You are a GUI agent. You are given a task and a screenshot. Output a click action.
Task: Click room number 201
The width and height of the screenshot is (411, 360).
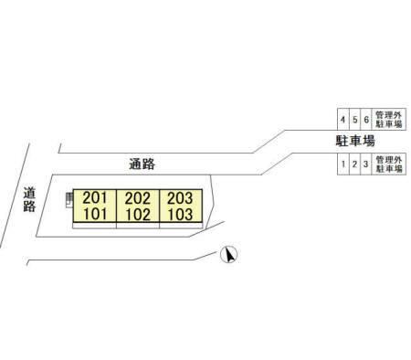(95, 198)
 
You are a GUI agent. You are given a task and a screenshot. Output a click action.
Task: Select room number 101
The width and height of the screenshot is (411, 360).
(95, 214)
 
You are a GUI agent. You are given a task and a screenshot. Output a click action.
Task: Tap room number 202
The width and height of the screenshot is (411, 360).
(138, 198)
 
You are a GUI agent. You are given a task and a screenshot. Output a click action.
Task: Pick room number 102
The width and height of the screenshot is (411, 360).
(138, 214)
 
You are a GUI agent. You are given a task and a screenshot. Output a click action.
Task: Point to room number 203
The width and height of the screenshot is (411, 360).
(180, 198)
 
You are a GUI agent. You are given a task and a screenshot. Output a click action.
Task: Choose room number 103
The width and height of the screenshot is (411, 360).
(181, 214)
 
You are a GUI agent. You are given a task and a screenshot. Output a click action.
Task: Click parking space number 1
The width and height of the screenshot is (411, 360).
(343, 164)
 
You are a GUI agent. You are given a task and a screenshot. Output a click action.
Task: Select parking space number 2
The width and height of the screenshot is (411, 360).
(354, 164)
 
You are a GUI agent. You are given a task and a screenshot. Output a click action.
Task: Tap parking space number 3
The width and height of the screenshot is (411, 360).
(365, 164)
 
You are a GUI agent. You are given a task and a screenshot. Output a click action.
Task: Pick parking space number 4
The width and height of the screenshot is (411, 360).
(343, 120)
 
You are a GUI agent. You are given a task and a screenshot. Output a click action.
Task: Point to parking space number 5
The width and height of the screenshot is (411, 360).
(355, 120)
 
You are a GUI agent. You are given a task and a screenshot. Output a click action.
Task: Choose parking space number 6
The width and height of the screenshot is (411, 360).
(366, 120)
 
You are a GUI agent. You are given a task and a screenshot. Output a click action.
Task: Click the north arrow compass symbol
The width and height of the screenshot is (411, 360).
(229, 254)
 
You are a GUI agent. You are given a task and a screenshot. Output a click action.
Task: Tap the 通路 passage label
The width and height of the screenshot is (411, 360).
(142, 164)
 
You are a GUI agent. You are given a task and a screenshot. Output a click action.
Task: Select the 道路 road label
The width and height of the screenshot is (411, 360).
(29, 199)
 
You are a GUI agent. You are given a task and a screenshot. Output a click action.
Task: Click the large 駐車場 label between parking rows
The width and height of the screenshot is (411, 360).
(355, 142)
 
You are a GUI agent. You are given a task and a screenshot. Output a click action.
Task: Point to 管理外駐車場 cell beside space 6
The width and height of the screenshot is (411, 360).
(389, 120)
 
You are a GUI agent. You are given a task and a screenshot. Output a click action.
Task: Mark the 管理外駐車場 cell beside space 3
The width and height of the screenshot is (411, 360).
(389, 164)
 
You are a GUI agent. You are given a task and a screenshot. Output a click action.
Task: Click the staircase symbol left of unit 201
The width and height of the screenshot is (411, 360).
(69, 200)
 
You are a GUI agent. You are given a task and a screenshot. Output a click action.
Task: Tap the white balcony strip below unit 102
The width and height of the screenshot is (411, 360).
(138, 226)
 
